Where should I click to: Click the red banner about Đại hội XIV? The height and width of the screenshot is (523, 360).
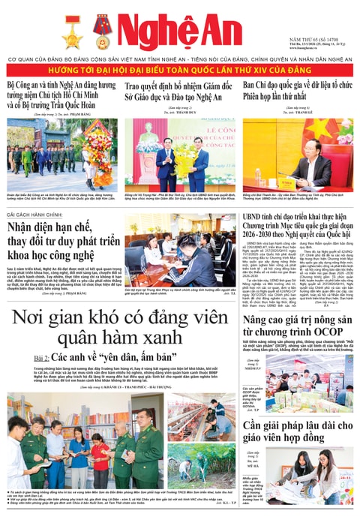pos(180,70)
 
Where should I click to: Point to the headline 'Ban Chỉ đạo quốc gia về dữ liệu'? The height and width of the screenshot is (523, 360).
pos(296,92)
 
